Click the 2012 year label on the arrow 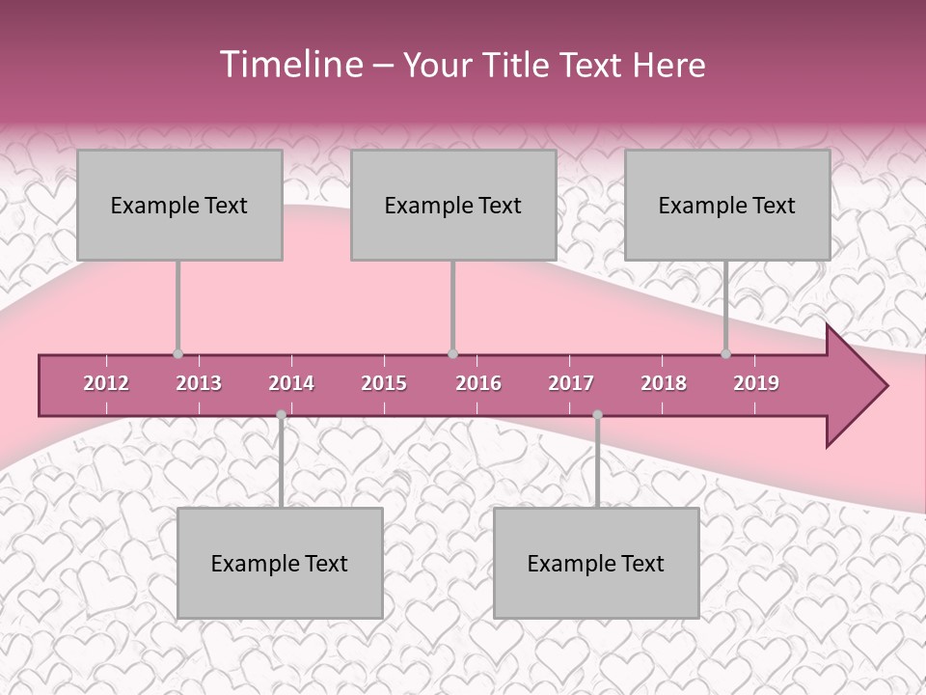[x=106, y=383]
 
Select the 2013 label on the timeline [x=199, y=383]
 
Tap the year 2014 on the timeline [x=291, y=383]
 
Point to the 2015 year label [x=384, y=383]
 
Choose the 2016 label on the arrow [x=478, y=383]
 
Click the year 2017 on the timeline [x=571, y=383]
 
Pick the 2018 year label [x=664, y=383]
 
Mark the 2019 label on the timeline [x=756, y=383]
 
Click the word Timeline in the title [x=289, y=65]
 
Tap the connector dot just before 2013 [x=177, y=354]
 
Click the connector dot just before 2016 [x=452, y=354]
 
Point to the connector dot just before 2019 [x=726, y=354]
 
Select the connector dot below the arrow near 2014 [x=281, y=415]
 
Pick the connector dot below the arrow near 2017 [x=597, y=415]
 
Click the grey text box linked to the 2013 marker [x=179, y=205]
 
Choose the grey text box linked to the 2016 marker [x=453, y=205]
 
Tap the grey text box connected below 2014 [x=280, y=563]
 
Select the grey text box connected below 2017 [x=596, y=563]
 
